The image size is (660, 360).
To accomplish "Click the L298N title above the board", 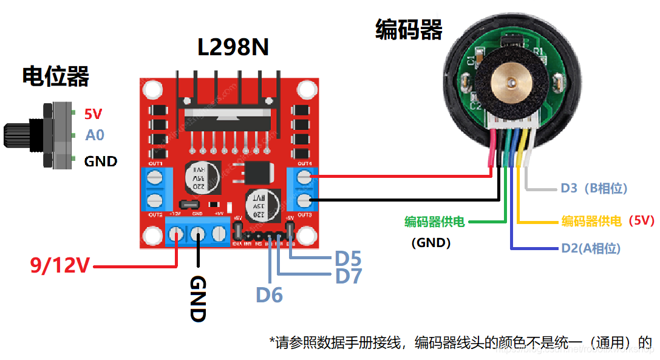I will (233, 47).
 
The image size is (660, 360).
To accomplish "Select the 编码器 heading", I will (409, 29).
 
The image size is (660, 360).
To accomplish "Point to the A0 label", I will (95, 135).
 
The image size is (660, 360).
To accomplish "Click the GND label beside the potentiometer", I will (100, 161).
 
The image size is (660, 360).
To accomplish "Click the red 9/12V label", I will (60, 266).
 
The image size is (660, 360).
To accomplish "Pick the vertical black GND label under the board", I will (199, 298).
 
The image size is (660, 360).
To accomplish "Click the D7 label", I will (348, 277).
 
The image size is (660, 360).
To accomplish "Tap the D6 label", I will (269, 295).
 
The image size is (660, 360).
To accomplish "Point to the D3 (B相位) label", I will (593, 188).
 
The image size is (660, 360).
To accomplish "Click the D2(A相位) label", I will (590, 248).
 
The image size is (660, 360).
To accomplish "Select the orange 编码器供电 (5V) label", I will (607, 221).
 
